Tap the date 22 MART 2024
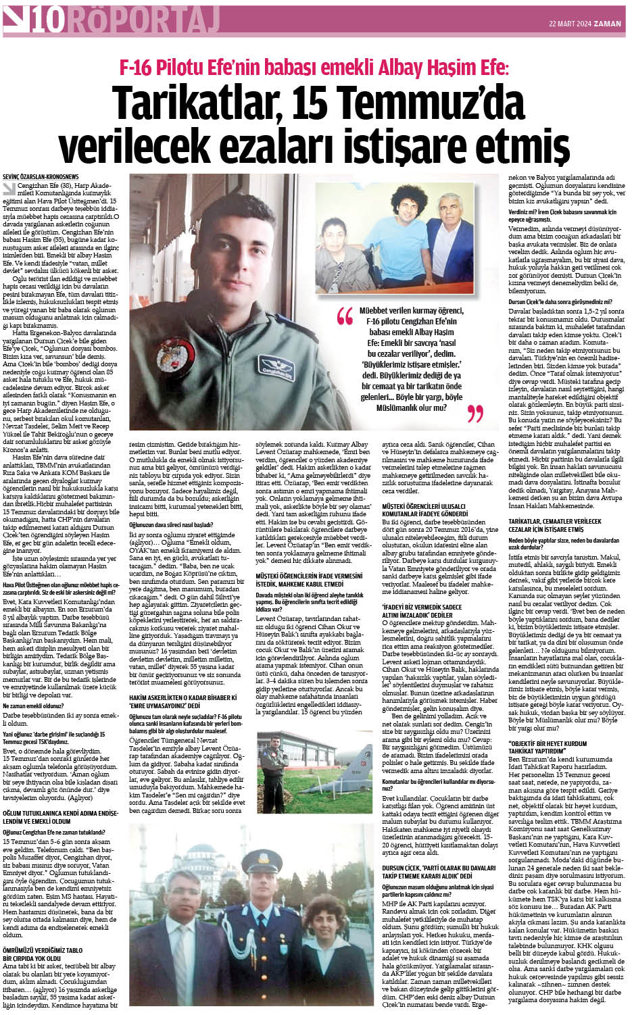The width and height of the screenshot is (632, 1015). [569, 23]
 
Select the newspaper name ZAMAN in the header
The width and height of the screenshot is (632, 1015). [606, 23]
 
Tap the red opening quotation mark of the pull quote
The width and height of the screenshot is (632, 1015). [345, 316]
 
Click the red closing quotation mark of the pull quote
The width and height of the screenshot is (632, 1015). [475, 413]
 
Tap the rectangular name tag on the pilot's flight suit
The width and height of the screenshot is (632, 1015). [278, 369]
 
